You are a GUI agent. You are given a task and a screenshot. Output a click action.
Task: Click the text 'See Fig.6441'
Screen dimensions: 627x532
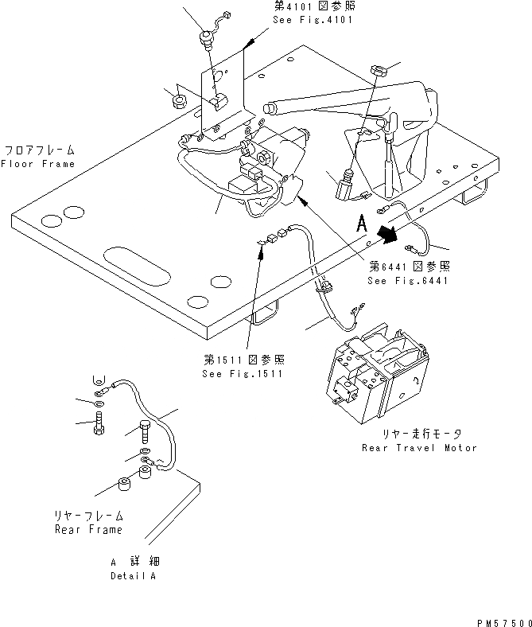(409, 281)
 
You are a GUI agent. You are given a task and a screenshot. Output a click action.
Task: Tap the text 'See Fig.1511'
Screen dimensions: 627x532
(243, 374)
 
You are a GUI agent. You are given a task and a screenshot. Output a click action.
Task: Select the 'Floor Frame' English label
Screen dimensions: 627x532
(37, 164)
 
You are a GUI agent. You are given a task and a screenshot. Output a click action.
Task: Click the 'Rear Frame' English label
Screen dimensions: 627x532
(88, 530)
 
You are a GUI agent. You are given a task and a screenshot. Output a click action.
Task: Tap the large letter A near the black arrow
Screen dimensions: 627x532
(363, 226)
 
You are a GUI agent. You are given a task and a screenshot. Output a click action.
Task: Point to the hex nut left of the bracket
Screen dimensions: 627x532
(179, 100)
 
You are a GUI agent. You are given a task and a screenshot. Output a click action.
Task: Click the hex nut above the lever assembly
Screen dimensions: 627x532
(379, 72)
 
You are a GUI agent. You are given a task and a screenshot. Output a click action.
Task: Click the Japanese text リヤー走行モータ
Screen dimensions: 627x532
(419, 434)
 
